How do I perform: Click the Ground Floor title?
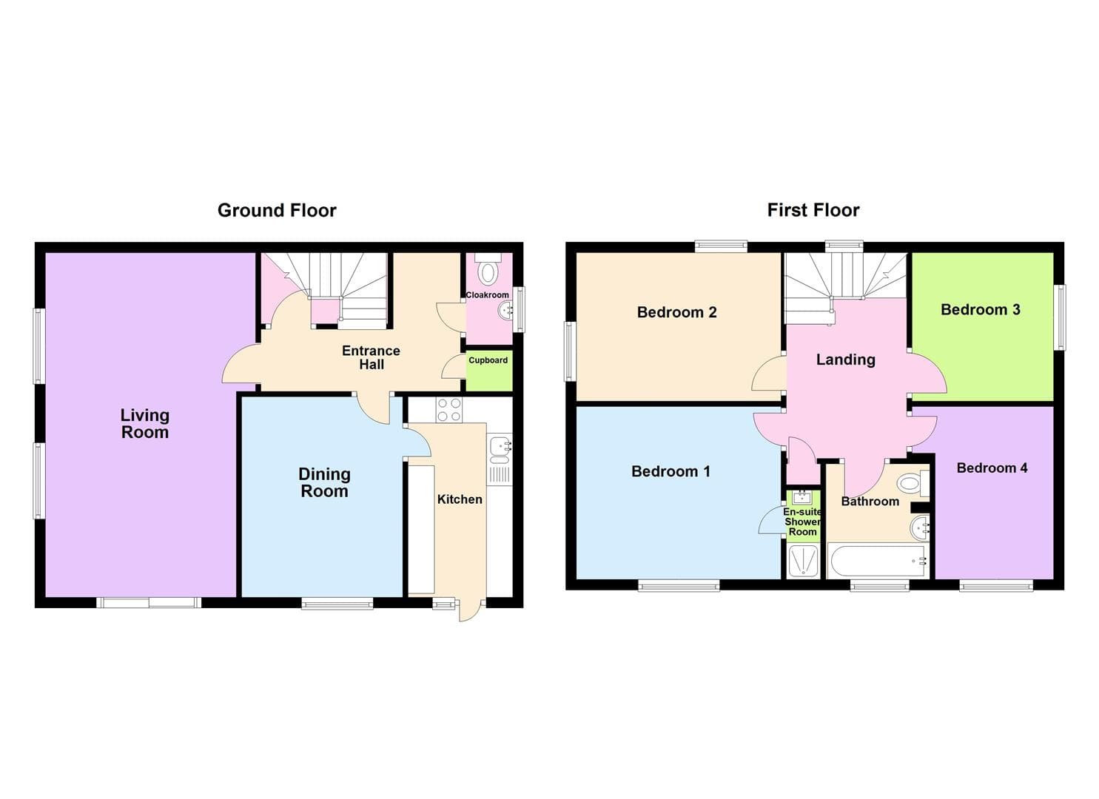click(277, 211)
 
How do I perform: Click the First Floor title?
click(813, 211)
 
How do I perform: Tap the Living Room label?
click(145, 424)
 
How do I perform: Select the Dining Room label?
click(324, 482)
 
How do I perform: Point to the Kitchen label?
click(460, 499)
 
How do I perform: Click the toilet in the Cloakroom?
click(488, 271)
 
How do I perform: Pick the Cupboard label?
click(488, 360)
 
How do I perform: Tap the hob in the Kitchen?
click(448, 411)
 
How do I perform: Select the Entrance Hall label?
click(371, 357)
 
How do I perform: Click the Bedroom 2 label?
click(676, 312)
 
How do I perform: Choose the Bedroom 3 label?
click(980, 310)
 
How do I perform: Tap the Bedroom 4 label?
click(992, 468)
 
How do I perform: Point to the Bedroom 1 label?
click(671, 471)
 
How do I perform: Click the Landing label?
click(845, 360)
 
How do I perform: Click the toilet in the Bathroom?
click(911, 484)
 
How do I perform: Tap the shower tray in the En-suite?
click(803, 561)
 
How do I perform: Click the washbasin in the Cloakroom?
click(505, 309)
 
